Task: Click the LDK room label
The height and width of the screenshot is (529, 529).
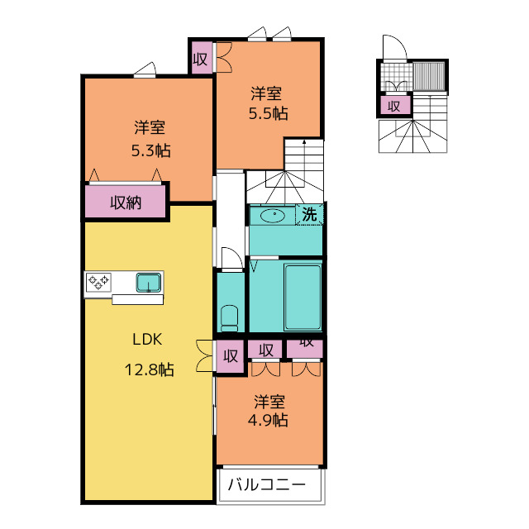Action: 147,340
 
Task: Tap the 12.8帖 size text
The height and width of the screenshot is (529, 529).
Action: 149,369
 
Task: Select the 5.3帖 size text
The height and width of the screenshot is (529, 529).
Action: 150,150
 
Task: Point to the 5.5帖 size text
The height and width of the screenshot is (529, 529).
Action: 268,114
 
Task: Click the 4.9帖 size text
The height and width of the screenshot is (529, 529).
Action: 268,421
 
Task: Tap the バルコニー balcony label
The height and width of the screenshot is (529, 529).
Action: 267,485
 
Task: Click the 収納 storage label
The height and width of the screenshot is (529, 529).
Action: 126,203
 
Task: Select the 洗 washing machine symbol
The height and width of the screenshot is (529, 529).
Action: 309,213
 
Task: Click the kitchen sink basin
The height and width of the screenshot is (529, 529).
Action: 149,283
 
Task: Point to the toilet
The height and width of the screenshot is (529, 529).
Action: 230,318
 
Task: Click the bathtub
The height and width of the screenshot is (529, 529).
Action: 303,298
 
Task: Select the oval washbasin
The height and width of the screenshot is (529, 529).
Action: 273,216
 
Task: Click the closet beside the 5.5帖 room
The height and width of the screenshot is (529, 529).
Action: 200,57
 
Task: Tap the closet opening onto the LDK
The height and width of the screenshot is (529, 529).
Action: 230,356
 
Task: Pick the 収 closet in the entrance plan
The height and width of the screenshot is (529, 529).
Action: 396,106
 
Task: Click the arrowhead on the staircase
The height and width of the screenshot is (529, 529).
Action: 304,142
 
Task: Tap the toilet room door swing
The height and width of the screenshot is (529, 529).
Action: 232,258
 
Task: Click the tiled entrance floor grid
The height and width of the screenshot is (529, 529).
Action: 397,77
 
